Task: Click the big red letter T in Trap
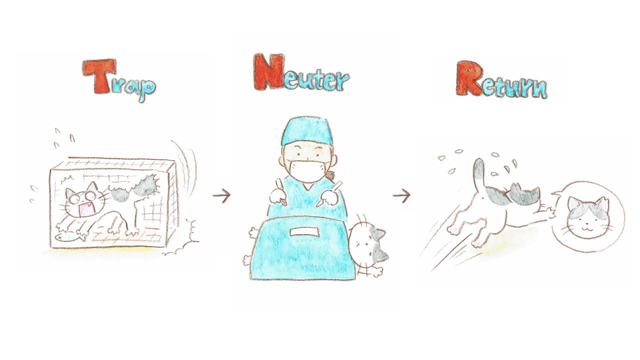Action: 99,76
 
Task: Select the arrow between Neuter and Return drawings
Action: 401,195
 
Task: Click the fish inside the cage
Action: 70,237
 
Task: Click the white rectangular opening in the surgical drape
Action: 304,231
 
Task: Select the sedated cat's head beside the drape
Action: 368,244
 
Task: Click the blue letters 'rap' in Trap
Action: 134,87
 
